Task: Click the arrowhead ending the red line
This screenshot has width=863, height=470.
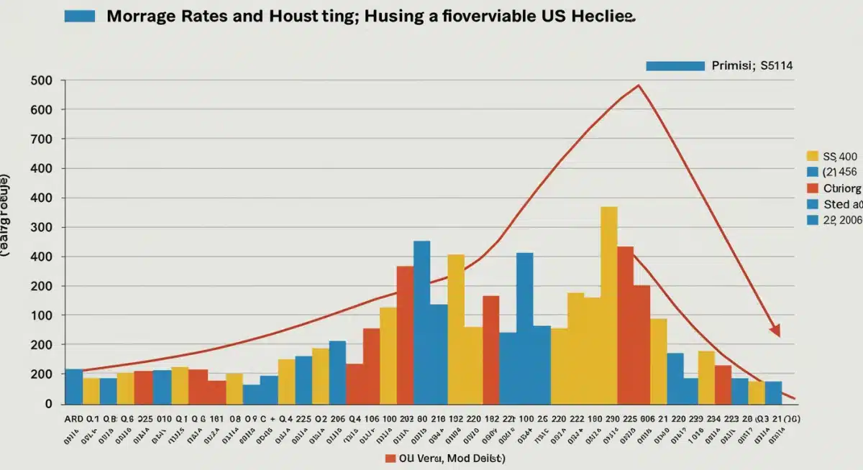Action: pos(775,331)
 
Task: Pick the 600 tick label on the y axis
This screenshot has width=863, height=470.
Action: pos(44,110)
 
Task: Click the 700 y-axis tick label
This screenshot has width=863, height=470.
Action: pos(44,139)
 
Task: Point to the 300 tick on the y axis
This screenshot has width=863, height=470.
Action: pos(44,227)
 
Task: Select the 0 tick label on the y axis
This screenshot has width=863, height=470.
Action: pos(49,404)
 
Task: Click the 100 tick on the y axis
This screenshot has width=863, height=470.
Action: pos(44,315)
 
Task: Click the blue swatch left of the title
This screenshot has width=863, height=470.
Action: pos(80,16)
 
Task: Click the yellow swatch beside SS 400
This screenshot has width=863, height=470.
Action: pos(813,155)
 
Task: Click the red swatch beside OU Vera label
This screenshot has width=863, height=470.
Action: pos(391,458)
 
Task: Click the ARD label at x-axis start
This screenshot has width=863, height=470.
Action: pos(73,419)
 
